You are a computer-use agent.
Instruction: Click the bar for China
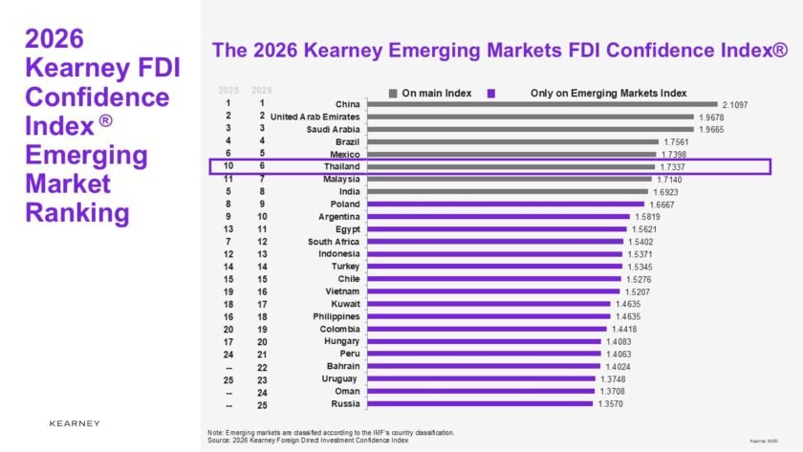click(541, 104)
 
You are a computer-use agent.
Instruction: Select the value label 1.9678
click(709, 117)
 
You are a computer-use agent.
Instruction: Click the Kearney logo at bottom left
click(74, 422)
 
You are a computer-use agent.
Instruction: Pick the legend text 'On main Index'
click(435, 93)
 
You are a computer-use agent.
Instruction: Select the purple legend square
click(490, 93)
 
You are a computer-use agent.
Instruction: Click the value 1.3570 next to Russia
click(616, 403)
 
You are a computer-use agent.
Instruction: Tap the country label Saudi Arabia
click(333, 129)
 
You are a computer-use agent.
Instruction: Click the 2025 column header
click(228, 90)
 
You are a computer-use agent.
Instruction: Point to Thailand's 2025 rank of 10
click(228, 166)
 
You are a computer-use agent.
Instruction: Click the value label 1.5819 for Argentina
click(647, 216)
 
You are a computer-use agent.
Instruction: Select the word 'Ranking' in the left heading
click(76, 212)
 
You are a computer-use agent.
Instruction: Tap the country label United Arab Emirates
click(315, 117)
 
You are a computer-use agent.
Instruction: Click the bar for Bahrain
click(484, 366)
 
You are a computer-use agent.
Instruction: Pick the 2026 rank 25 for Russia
click(261, 403)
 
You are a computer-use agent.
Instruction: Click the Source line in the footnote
click(307, 440)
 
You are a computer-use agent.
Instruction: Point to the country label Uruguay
click(340, 378)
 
